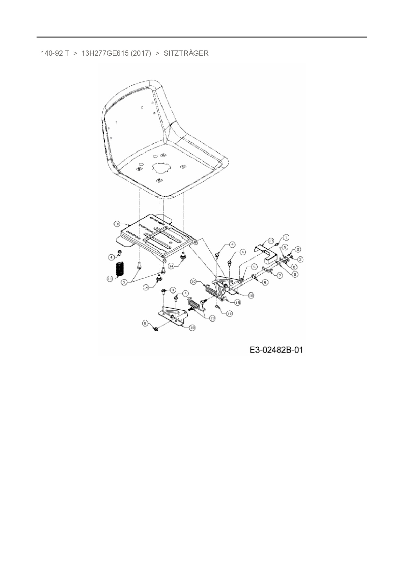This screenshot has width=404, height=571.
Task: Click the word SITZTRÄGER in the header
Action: coord(186,53)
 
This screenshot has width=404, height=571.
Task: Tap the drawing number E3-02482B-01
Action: coord(276,350)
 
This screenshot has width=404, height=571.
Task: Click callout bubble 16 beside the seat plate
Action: coord(117,224)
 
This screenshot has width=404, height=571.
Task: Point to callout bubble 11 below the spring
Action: coord(110,279)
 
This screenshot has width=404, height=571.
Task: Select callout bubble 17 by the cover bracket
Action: coord(271,241)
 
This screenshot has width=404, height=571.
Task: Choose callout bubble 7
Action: coord(280,275)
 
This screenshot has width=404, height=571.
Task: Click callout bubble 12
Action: coord(230,313)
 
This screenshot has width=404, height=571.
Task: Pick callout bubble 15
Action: coord(238,302)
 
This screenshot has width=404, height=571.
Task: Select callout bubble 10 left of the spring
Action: coord(194,281)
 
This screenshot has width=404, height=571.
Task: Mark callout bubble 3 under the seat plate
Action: coord(124,283)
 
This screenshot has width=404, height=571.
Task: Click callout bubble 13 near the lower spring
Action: coord(212,318)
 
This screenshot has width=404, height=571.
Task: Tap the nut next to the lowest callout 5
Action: coord(155,329)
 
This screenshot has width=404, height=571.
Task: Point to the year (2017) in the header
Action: coord(141,53)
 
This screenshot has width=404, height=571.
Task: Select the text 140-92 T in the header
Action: coord(55,53)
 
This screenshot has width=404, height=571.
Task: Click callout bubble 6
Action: coord(294,267)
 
